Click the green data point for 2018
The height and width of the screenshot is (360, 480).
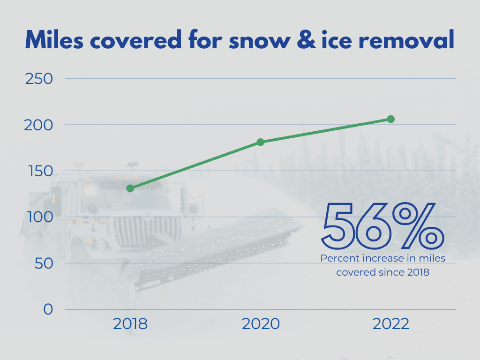pos(130,188)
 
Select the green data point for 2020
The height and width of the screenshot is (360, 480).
pos(260,142)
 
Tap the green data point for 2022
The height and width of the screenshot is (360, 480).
pos(390,119)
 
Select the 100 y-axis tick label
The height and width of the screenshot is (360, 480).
pos(38,217)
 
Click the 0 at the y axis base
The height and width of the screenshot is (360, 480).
pos(48,309)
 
